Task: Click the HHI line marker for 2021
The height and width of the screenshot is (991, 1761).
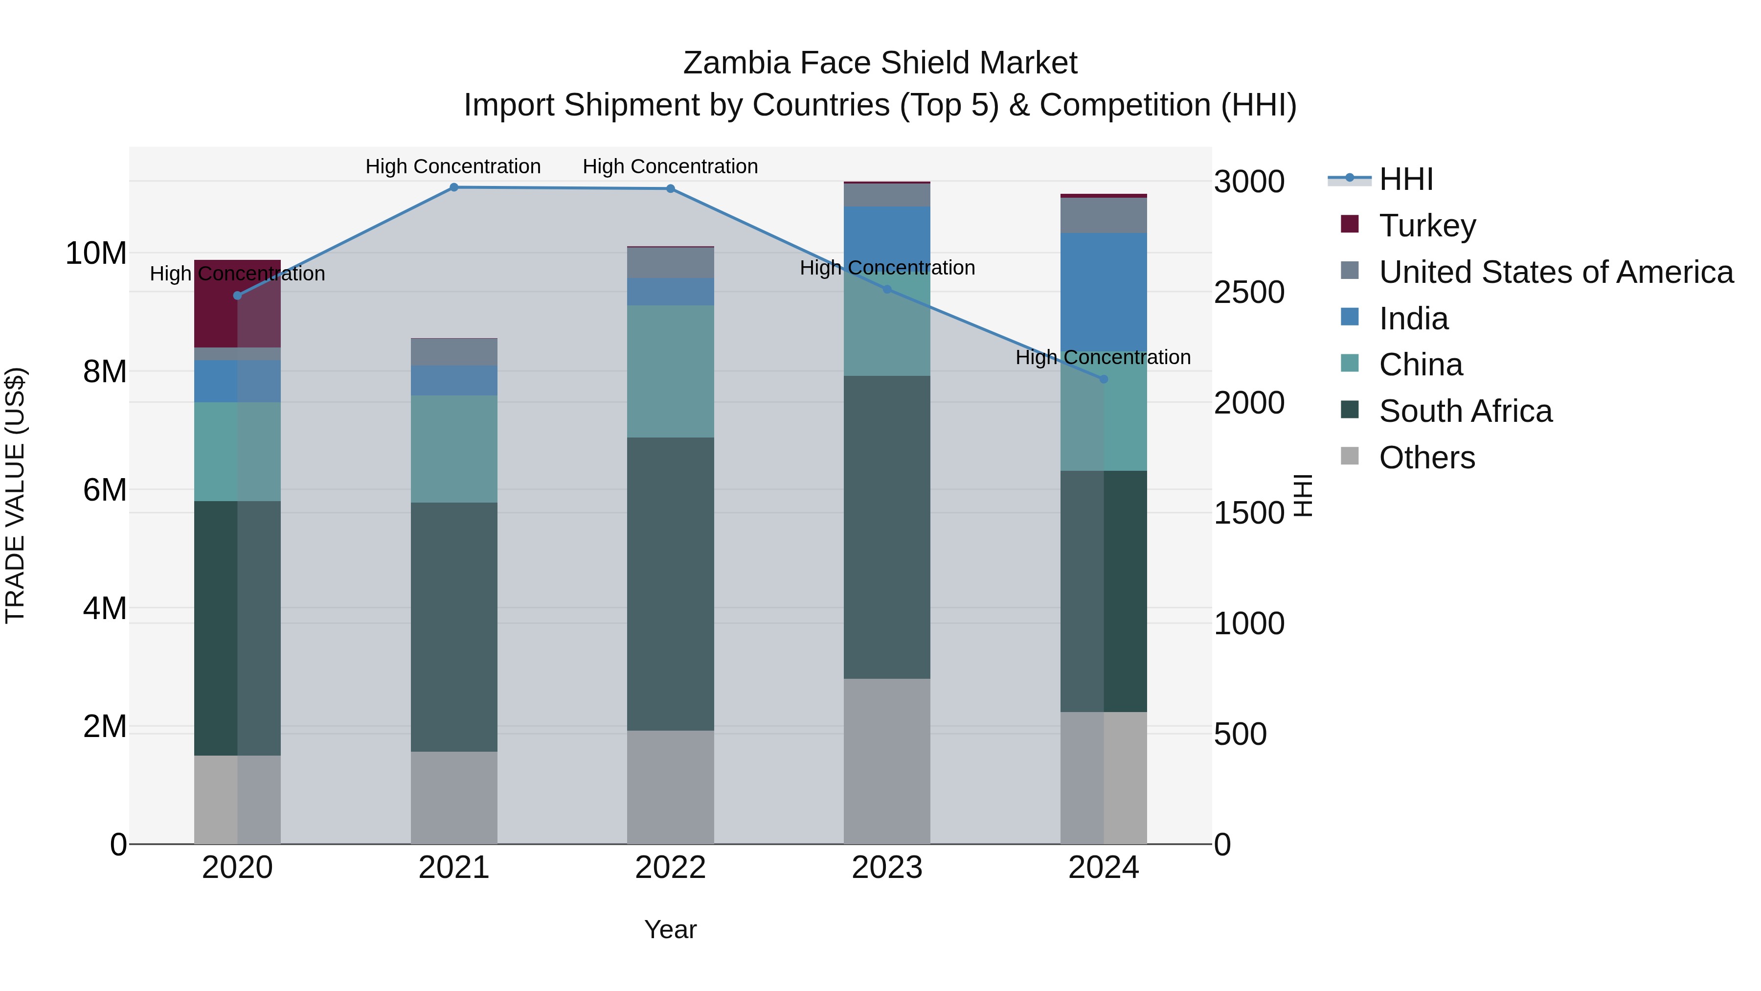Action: (x=454, y=187)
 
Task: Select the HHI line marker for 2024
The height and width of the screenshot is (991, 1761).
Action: (x=1104, y=379)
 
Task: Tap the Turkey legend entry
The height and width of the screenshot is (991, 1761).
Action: (x=1427, y=225)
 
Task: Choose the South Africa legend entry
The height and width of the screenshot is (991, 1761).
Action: (x=1465, y=411)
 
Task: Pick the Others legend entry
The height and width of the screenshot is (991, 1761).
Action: (x=1427, y=458)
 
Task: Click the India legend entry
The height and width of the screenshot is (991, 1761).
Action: (x=1413, y=318)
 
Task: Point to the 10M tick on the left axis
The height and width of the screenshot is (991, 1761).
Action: (x=96, y=253)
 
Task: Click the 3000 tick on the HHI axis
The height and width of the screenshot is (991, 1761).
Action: (x=1249, y=182)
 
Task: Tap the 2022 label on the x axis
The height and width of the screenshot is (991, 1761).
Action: (x=670, y=868)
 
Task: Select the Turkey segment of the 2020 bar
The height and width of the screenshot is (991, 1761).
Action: (x=237, y=303)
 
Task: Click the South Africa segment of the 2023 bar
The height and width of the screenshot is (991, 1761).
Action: (x=887, y=527)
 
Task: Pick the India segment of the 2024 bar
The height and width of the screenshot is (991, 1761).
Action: (x=1104, y=293)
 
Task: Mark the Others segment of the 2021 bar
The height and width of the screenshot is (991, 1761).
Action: (x=454, y=798)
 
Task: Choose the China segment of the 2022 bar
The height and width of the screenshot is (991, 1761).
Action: (x=670, y=371)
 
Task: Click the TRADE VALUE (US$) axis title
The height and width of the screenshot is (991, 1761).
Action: (x=15, y=495)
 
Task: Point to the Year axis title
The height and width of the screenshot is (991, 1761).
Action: (x=670, y=929)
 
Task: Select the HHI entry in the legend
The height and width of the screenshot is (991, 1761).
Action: (x=1405, y=179)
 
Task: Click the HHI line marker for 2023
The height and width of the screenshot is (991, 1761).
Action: (x=887, y=289)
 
